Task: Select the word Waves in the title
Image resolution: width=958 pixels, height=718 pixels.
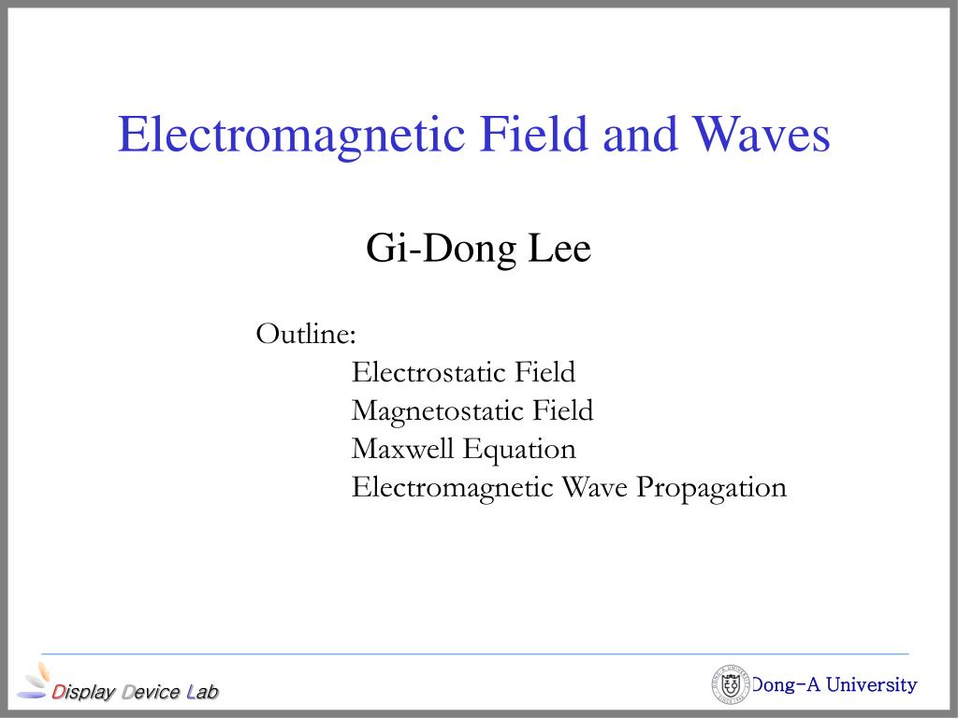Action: coord(761,135)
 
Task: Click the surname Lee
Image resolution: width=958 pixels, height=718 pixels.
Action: coord(559,248)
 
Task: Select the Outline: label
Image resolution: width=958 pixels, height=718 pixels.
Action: coord(306,334)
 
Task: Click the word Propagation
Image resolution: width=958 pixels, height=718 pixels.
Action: coord(712,489)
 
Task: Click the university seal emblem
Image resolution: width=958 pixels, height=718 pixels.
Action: coord(731,684)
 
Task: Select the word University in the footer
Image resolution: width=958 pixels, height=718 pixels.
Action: coord(871,685)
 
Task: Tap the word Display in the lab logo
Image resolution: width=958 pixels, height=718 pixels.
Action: coord(83,693)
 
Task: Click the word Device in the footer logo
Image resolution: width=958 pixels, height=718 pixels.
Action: coord(151,692)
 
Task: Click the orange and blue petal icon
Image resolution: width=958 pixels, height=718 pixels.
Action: coord(35,681)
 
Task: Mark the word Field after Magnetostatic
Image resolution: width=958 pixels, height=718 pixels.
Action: coord(562,410)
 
